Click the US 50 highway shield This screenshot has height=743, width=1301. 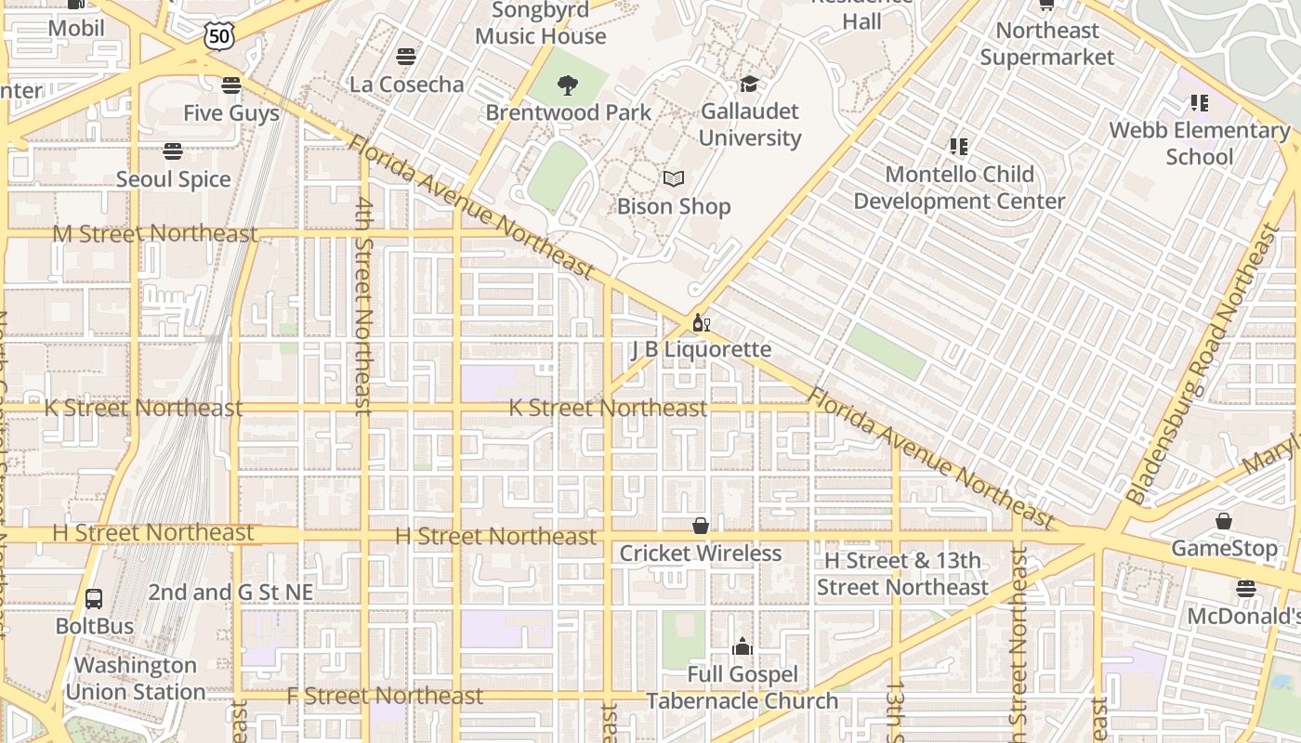click(219, 36)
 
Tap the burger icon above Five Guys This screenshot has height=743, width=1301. click(231, 85)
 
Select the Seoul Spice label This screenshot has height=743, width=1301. click(173, 179)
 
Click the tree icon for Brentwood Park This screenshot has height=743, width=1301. click(567, 85)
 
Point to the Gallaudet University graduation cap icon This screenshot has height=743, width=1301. click(749, 85)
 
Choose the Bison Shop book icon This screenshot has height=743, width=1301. click(674, 178)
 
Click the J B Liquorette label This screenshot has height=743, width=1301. click(702, 349)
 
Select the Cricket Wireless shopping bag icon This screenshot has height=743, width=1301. click(701, 526)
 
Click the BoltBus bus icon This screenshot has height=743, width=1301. click(94, 598)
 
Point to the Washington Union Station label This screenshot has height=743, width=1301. click(136, 679)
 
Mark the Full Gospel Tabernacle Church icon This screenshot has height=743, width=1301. click(742, 646)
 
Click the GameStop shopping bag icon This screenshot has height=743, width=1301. click(1224, 521)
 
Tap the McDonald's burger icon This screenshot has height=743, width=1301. click(1246, 589)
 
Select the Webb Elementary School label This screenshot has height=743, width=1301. click(1200, 143)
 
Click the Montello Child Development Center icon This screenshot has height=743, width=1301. click(959, 146)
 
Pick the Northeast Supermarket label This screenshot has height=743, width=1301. click(1047, 44)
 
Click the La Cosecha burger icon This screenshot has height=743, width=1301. click(405, 57)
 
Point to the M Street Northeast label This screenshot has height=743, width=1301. click(154, 233)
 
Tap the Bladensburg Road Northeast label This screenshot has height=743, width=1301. click(1204, 364)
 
